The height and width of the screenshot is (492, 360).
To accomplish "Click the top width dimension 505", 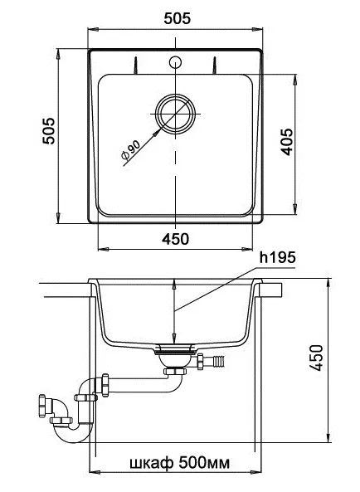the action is pos(177,18).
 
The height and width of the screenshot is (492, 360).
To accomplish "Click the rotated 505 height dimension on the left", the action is pos(49,131).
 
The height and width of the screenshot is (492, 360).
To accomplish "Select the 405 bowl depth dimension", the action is pos(287,142).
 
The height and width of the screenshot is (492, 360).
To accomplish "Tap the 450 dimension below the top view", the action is pos(175,239).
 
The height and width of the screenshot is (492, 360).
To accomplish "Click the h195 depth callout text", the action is pos(278,257).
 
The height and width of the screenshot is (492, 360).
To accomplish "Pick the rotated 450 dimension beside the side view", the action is pos(316,358).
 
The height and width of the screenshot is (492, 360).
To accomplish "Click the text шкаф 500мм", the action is pos(180,463).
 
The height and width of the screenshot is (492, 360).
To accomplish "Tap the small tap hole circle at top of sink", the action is pos(175,62).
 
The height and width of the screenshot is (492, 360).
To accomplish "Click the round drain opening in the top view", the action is pos(175,114).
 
